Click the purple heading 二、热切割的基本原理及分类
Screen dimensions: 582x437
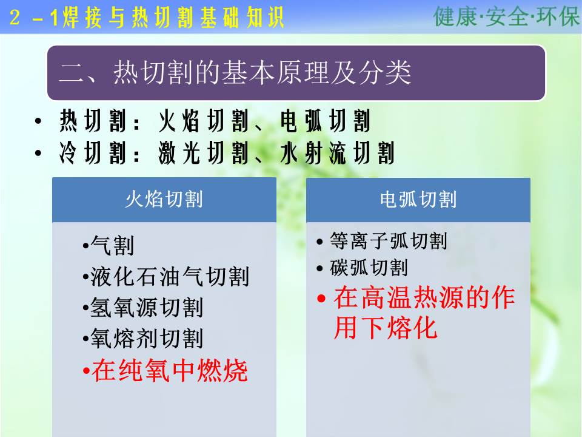pos(235,72)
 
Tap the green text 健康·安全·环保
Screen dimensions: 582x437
pos(506,16)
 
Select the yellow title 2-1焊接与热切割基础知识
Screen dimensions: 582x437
pos(147,18)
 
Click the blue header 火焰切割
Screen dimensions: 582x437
pos(164,200)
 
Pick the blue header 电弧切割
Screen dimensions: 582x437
pos(418,200)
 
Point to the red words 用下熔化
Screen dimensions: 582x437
pos(386,328)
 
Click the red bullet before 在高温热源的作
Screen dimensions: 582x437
pos(321,299)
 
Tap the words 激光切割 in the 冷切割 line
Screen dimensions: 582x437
pos(204,153)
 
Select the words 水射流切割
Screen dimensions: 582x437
pos(337,153)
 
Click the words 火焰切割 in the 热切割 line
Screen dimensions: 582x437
pos(204,121)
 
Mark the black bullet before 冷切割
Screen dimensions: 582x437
pos(38,153)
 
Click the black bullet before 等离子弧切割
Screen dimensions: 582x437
pos(320,242)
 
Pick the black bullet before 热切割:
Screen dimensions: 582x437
pos(38,121)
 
